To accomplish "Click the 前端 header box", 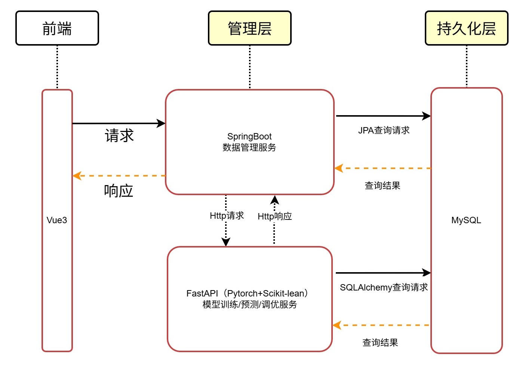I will tap(57, 28).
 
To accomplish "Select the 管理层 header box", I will tap(249, 28).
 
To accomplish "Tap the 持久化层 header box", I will tap(466, 28).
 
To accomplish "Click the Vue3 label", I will tap(57, 220).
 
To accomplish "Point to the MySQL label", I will tap(466, 220).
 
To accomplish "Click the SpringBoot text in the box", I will tap(249, 136).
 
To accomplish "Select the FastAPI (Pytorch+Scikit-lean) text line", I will tap(247, 293).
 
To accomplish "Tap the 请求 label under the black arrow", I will tap(119, 136).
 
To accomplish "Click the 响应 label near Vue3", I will tap(119, 191).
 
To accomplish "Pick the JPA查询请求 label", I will tap(384, 130).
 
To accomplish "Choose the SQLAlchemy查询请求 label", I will tap(384, 287).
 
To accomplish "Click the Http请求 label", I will tap(227, 216).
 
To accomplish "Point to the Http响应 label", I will tap(275, 216).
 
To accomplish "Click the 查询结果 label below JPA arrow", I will tap(382, 186).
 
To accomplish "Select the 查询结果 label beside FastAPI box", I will tap(380, 343).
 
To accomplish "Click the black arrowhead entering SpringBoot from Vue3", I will tap(161, 123).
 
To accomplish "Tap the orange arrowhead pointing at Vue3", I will tap(77, 176).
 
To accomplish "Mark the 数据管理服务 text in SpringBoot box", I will tap(249, 148).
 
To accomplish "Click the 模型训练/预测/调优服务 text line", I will tap(249, 305).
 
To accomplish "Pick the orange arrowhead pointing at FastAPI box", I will tap(337, 325).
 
